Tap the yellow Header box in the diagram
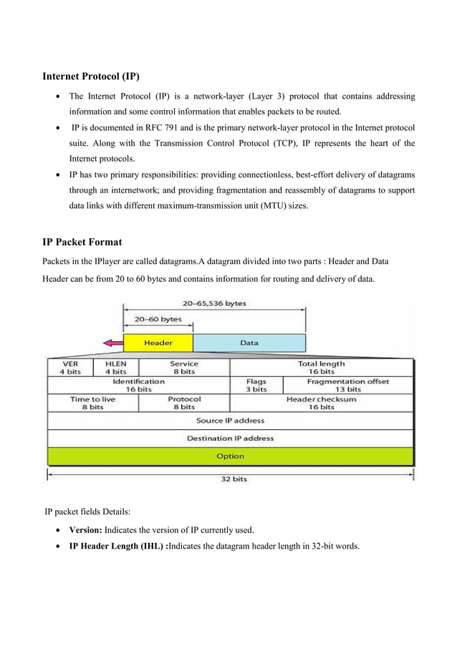pyautogui.click(x=158, y=343)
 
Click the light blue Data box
pyautogui.click(x=249, y=343)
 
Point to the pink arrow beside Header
pyautogui.click(x=112, y=343)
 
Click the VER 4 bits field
pyautogui.click(x=70, y=368)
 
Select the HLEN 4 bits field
pyautogui.click(x=116, y=368)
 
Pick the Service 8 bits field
pyautogui.click(x=184, y=368)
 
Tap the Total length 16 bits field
pyautogui.click(x=322, y=368)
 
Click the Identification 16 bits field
pyautogui.click(x=138, y=386)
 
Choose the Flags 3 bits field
pyautogui.click(x=256, y=386)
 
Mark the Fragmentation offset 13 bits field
pyautogui.click(x=349, y=386)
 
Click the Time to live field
pyautogui.click(x=92, y=403)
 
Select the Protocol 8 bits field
pyautogui.click(x=184, y=403)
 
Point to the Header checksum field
pyautogui.click(x=322, y=403)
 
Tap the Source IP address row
pyautogui.click(x=230, y=421)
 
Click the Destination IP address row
pyautogui.click(x=230, y=438)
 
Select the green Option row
pyautogui.click(x=230, y=456)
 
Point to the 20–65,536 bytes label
pyautogui.click(x=214, y=303)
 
